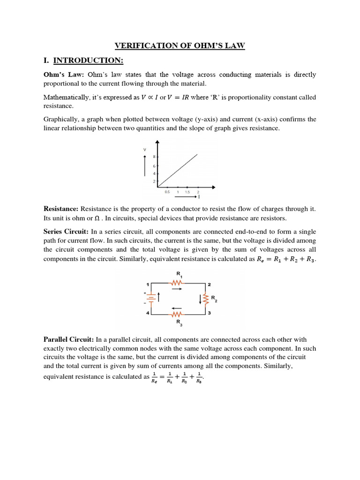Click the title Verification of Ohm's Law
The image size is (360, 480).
[180, 45]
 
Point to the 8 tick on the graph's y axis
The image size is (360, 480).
[154, 157]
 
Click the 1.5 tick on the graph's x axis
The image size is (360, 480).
[187, 192]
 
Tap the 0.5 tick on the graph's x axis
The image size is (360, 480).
[167, 192]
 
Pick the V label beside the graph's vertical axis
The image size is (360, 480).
[144, 150]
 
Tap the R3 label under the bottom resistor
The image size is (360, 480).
[179, 322]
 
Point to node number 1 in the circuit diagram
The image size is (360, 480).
[148, 285]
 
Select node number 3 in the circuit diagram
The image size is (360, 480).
[210, 313]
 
